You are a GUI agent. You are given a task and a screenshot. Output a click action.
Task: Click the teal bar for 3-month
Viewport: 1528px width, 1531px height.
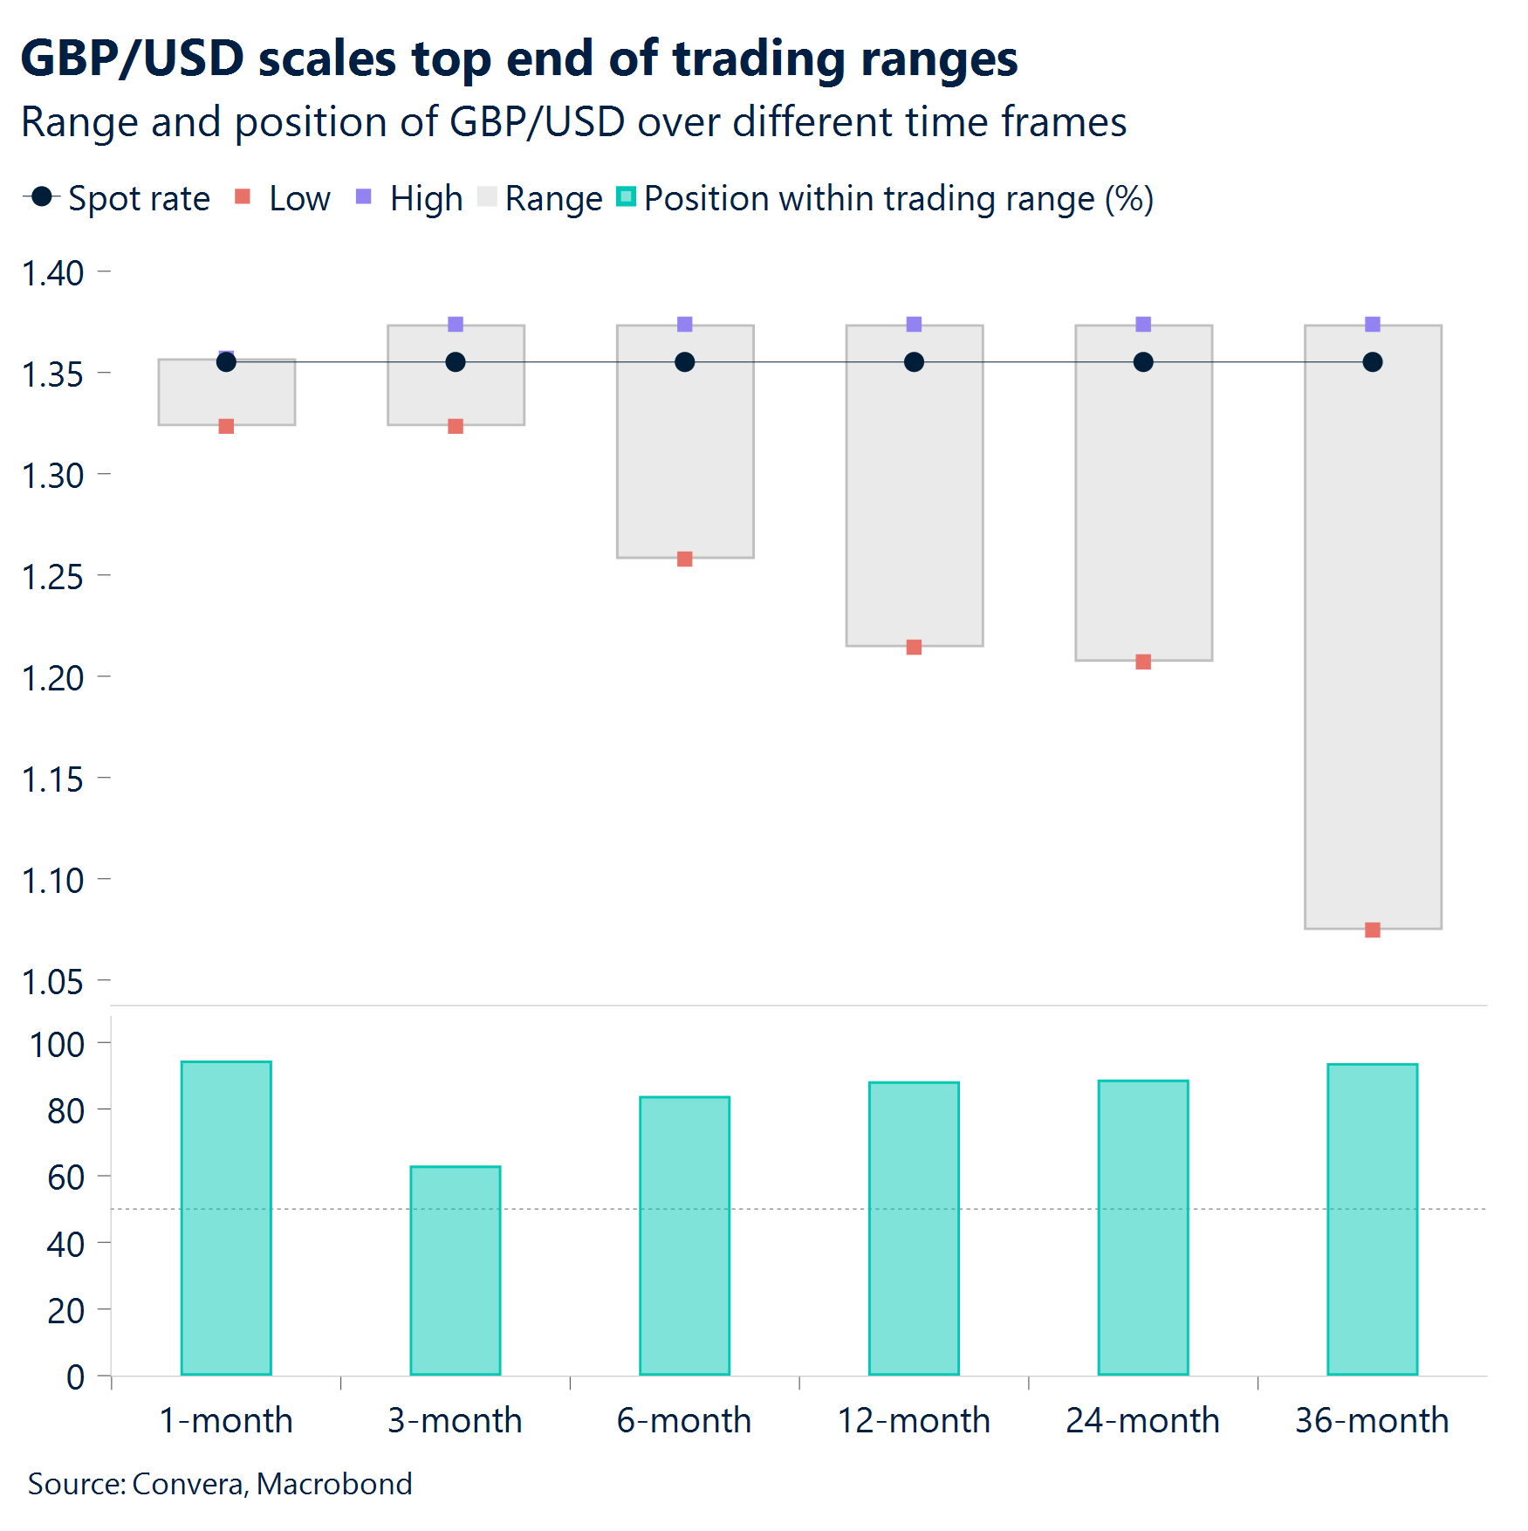click(456, 1270)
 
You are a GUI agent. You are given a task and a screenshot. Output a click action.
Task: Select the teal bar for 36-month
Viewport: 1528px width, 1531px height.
click(1372, 1219)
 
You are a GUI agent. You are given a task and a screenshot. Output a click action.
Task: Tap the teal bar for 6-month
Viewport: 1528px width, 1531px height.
click(684, 1235)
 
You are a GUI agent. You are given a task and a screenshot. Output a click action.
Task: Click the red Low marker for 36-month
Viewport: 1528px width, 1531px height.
click(1372, 930)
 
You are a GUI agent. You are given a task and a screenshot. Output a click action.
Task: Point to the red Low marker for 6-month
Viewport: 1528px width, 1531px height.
click(684, 559)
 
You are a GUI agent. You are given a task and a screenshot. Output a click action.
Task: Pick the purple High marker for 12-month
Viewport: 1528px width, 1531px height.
click(914, 324)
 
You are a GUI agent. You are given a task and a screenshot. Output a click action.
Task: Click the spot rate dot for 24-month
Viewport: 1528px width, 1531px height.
click(1143, 362)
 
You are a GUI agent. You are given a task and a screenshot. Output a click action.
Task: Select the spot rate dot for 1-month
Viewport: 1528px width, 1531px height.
click(226, 362)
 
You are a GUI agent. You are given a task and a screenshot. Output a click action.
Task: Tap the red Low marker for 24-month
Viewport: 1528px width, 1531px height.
click(1143, 662)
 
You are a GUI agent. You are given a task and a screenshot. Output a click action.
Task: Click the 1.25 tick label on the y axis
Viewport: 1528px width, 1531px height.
click(52, 577)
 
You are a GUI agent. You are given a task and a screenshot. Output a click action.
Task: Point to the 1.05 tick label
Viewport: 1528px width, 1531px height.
click(52, 982)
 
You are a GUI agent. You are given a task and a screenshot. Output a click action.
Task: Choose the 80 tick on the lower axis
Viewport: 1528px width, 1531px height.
click(65, 1111)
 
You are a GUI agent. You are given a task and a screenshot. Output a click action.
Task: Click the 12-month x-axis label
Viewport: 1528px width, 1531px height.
click(914, 1420)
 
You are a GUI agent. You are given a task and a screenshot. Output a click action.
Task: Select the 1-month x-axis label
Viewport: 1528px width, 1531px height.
click(226, 1420)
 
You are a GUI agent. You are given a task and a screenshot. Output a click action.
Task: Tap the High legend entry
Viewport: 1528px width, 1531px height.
click(410, 198)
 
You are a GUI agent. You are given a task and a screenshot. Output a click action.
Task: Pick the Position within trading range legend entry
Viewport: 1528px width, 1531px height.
click(886, 198)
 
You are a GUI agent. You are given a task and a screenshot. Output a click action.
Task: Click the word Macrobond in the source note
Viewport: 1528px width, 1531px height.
click(334, 1484)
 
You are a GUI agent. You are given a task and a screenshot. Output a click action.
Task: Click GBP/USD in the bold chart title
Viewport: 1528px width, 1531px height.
click(132, 58)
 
